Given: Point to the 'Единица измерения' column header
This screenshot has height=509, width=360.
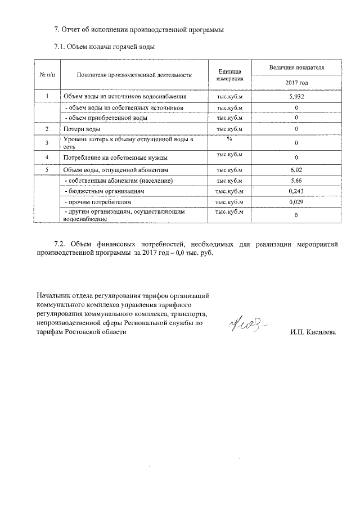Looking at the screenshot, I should click(229, 75).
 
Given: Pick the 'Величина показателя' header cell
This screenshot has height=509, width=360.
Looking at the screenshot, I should click(296, 67).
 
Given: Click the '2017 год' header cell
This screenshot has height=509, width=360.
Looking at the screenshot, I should click(296, 83).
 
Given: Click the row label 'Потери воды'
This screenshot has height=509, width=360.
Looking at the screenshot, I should click(82, 129).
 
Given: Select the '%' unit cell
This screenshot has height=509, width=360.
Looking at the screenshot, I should click(229, 139).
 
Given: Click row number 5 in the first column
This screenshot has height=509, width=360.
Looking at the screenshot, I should click(47, 169).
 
